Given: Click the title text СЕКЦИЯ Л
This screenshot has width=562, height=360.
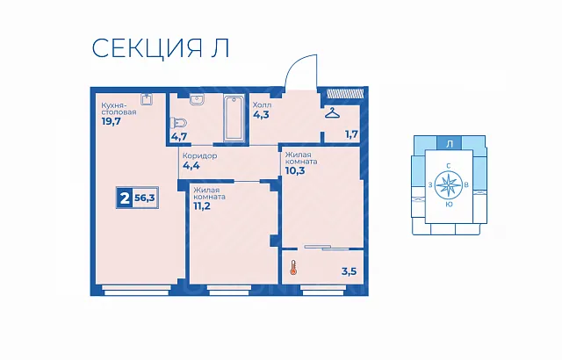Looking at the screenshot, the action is click(161, 48).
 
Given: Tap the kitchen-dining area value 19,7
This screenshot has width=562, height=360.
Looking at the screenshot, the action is click(112, 121).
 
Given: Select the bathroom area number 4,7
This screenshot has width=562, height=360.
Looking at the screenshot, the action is click(178, 136).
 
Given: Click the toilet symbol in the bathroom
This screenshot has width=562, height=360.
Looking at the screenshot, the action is click(179, 123).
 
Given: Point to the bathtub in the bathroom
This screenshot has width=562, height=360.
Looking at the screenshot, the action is click(234, 118).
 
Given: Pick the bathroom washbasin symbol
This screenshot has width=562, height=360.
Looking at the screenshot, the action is click(197, 100).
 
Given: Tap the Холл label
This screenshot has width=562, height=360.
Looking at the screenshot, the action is click(262, 105).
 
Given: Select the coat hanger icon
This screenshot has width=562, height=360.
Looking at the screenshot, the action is click(332, 113).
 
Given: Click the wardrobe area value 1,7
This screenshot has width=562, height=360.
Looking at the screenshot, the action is click(351, 134).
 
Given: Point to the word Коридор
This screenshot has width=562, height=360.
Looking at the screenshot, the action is click(199, 156).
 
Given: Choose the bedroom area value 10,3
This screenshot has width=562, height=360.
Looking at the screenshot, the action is click(295, 170).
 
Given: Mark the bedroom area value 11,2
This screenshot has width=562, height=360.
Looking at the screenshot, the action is click(202, 206).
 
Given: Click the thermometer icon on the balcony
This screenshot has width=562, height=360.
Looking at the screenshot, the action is click(293, 268).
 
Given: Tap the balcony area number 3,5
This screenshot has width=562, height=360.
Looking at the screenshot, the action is click(349, 271).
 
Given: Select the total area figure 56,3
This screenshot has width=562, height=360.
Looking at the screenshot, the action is click(145, 197).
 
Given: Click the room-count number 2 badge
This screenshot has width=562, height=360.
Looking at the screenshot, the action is click(125, 198).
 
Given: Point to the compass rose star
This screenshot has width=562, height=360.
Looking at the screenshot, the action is click(448, 185).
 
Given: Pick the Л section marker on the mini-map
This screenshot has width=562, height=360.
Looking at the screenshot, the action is click(449, 144).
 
